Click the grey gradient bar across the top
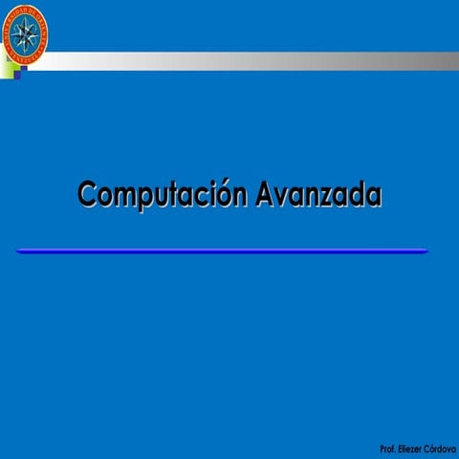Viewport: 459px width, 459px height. [249, 60]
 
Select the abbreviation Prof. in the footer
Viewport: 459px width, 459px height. [387, 448]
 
